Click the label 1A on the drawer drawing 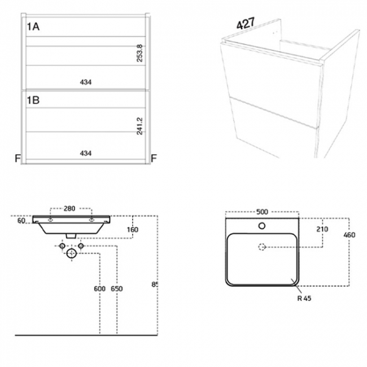pyautogui.click(x=33, y=26)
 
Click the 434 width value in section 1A pyautogui.click(x=85, y=82)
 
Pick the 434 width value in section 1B pyautogui.click(x=85, y=153)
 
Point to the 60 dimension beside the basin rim pyautogui.click(x=21, y=221)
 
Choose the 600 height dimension pyautogui.click(x=99, y=289)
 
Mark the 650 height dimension pyautogui.click(x=117, y=289)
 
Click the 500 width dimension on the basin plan pyautogui.click(x=262, y=212)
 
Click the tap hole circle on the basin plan pyautogui.click(x=262, y=226)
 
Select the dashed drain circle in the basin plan pyautogui.click(x=262, y=246)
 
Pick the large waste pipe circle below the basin pyautogui.click(x=71, y=255)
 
